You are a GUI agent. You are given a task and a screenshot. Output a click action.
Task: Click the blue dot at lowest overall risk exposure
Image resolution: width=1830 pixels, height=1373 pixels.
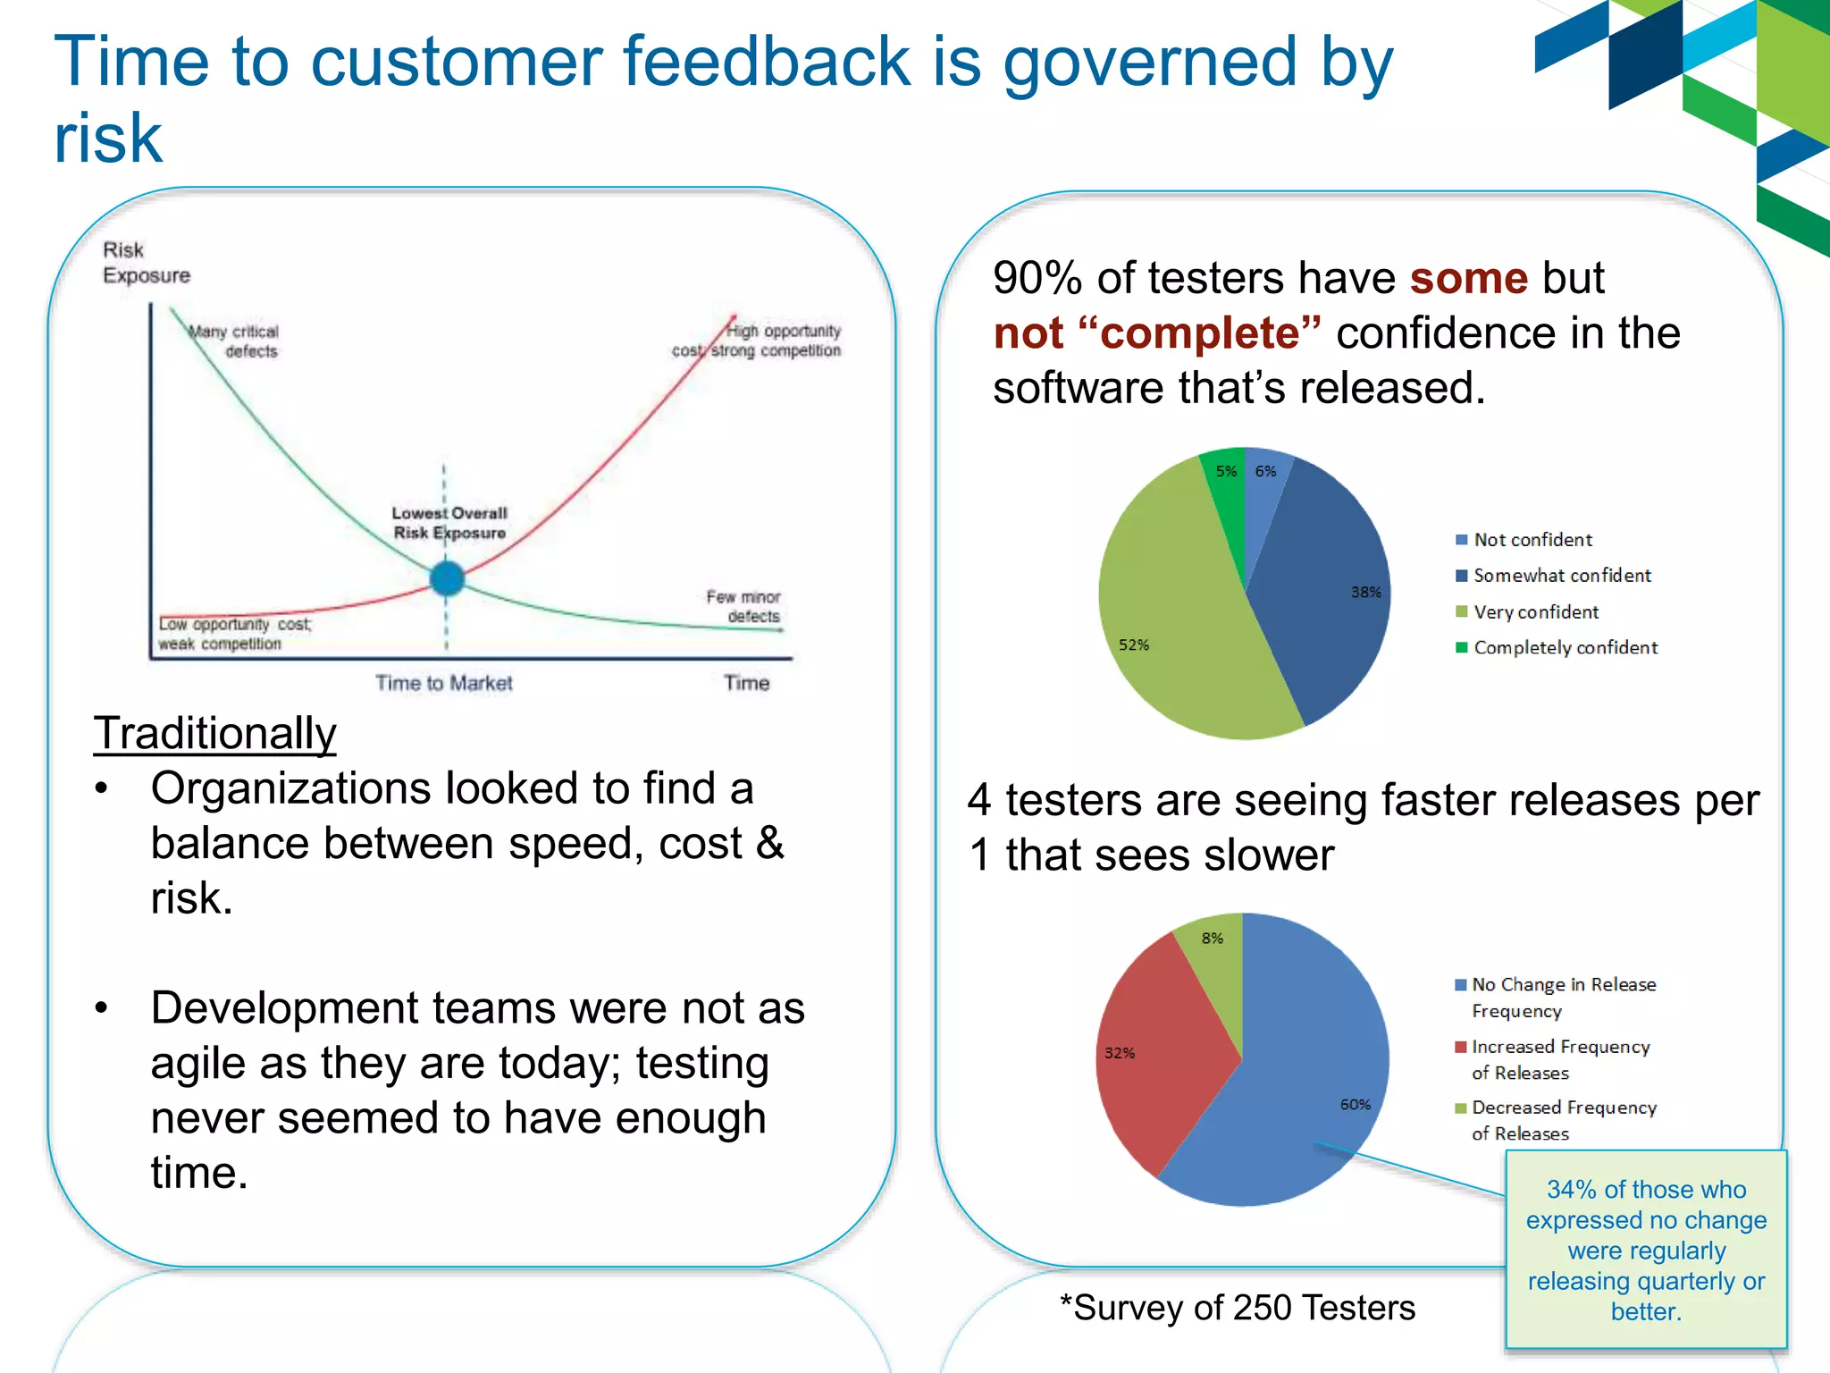[447, 578]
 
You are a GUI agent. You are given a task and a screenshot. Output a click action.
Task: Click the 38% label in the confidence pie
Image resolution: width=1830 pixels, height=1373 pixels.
[1365, 592]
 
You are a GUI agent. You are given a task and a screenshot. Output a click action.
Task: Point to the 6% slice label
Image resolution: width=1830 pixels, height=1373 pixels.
[1265, 471]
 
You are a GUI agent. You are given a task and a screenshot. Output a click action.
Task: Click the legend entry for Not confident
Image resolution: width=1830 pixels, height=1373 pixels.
[1532, 540]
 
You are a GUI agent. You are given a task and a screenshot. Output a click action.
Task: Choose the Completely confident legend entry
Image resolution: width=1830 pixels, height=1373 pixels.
[1565, 647]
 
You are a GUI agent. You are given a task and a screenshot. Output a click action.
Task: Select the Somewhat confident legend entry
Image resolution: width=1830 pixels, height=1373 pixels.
[1561, 576]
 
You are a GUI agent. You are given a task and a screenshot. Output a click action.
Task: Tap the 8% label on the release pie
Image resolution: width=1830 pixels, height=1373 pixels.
[1212, 938]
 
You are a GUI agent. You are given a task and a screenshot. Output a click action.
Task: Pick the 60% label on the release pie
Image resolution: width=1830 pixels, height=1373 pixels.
[1355, 1105]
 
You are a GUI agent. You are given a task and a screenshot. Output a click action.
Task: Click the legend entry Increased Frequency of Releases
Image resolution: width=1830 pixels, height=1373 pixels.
[1559, 1059]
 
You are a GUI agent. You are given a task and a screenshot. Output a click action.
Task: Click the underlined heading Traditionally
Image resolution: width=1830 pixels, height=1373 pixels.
[215, 733]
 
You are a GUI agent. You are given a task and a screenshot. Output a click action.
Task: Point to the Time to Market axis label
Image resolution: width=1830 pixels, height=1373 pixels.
[444, 683]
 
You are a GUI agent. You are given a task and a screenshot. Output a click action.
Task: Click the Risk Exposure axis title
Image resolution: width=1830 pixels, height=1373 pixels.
[146, 263]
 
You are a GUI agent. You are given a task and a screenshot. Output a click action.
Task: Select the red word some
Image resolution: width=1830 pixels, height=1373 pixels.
[1469, 278]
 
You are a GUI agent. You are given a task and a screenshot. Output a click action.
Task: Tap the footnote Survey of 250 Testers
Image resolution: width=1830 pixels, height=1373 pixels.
[1238, 1308]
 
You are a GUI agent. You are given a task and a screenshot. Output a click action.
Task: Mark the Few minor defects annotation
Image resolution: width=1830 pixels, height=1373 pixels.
[743, 606]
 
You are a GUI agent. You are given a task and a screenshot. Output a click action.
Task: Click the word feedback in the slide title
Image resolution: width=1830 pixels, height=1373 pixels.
[767, 62]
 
